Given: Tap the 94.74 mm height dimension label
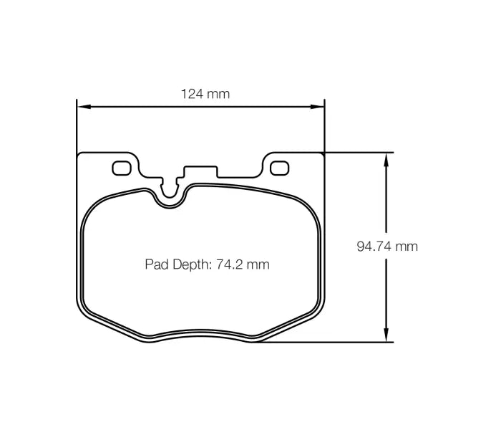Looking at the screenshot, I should pyautogui.click(x=386, y=247).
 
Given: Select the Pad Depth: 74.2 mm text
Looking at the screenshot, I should pyautogui.click(x=207, y=264).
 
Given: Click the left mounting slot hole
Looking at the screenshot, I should pyautogui.click(x=122, y=168).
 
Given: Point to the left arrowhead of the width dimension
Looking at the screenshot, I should pyautogui.click(x=82, y=107).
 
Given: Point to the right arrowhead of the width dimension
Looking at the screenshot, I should pyautogui.click(x=318, y=107).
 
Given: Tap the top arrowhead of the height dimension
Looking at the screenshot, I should pyautogui.click(x=386, y=158).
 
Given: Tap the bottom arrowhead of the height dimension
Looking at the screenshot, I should pyautogui.click(x=386, y=335).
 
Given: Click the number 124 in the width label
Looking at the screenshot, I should pyautogui.click(x=190, y=93).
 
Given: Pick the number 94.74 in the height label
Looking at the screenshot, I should pyautogui.click(x=374, y=247).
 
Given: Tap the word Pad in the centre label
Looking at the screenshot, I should pyautogui.click(x=155, y=264).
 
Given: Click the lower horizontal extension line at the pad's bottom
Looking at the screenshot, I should pyautogui.click(x=329, y=342).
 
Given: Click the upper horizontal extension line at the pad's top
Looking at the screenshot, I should pyautogui.click(x=358, y=152).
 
